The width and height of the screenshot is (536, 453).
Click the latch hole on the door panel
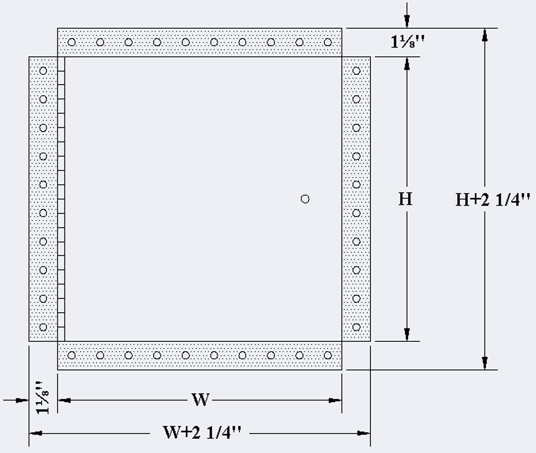coord(305,199)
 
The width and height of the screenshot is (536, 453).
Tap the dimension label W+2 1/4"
coord(202,432)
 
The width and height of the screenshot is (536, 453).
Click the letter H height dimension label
coord(406,199)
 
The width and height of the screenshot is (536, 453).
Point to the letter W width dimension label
coord(200,400)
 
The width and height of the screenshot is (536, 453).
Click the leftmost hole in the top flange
coord(71,42)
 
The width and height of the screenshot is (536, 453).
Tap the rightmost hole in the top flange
coord(328,42)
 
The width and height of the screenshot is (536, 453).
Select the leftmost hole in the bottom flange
coord(71,355)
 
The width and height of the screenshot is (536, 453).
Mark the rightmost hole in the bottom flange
coord(328,355)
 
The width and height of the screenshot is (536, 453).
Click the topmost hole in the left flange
coord(43,70)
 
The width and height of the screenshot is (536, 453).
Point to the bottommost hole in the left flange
coord(43,327)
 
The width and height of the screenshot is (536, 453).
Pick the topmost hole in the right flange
coord(356,70)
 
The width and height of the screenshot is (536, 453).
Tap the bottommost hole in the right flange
coord(356,327)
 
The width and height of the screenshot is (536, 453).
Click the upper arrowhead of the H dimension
coord(407,63)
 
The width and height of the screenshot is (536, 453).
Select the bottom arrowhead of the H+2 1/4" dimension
coord(485,363)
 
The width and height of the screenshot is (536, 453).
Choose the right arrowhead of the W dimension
coord(335,400)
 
